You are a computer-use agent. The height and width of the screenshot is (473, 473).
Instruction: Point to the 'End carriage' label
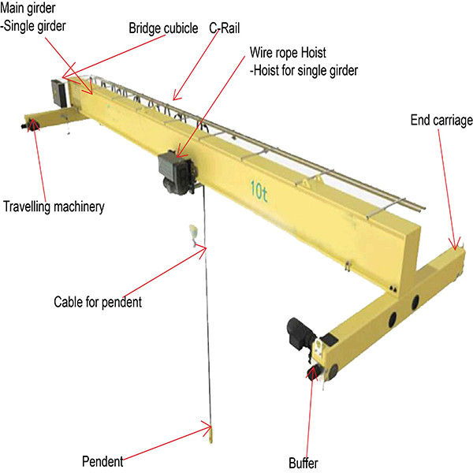[x=441, y=121]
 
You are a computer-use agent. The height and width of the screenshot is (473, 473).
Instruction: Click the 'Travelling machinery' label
[x=54, y=208]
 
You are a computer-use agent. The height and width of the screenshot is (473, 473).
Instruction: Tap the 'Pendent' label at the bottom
[x=104, y=460]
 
